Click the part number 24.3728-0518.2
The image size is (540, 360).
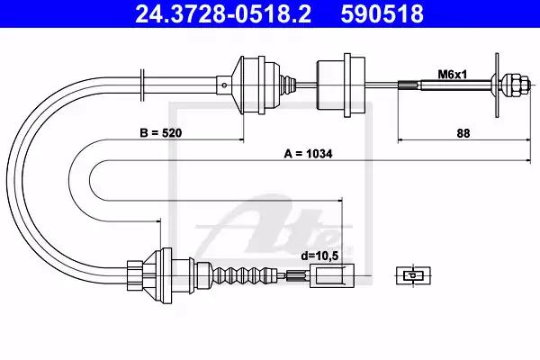223,14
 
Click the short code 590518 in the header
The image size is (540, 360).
382,14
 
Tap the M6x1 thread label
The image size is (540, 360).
452,75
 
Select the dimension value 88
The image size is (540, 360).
463,133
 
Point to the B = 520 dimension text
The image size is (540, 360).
161,133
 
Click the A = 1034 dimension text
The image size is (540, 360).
308,154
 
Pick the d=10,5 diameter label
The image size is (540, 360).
319,256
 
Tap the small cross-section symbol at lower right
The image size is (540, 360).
413,275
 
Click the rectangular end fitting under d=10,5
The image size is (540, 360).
332,275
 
